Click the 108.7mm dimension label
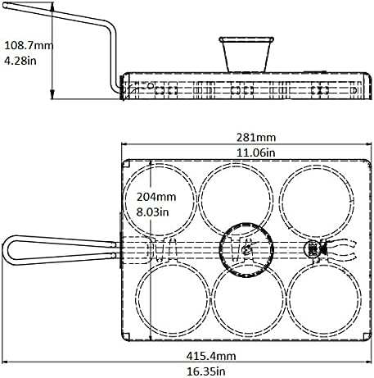coord(27,44)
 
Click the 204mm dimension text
coord(155,197)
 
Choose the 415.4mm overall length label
coord(200,356)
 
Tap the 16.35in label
coord(200,371)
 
